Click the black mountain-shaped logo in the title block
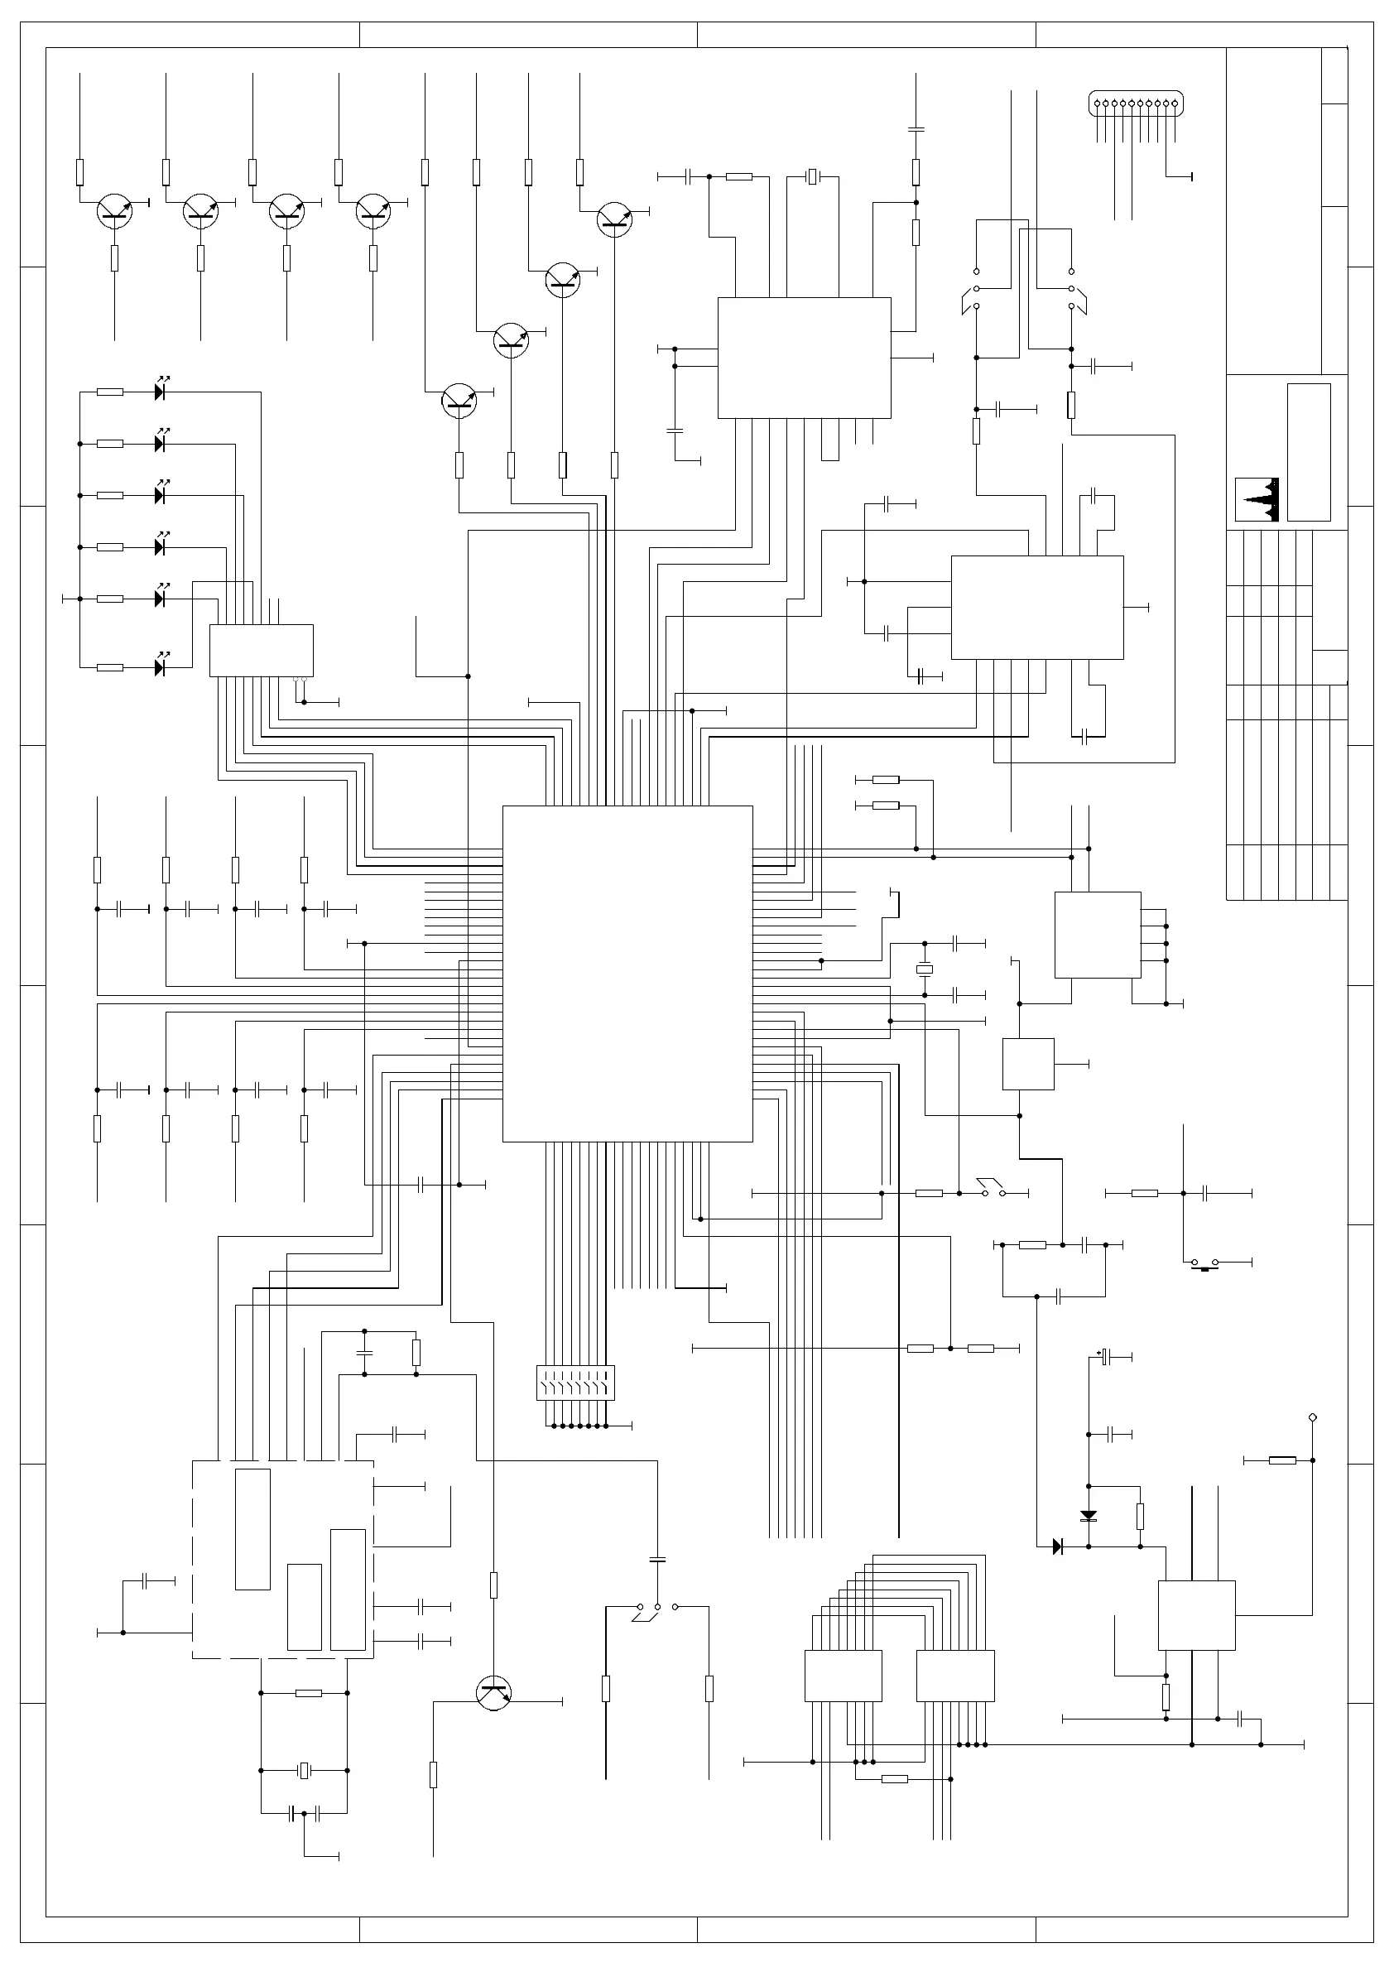(1257, 500)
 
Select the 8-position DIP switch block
(575, 1383)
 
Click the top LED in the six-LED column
(160, 392)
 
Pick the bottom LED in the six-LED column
(160, 667)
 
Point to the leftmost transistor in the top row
(114, 211)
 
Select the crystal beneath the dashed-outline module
(304, 1770)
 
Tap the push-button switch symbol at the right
(1205, 1263)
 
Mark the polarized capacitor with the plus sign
(1106, 1357)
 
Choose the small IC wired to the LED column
(261, 650)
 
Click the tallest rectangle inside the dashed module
(252, 1529)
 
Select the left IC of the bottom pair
(843, 1675)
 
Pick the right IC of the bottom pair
(955, 1675)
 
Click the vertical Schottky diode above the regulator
(1089, 1516)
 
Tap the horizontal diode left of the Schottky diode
(1057, 1546)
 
